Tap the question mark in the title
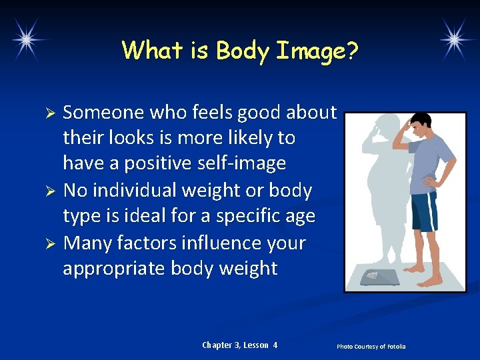pos(351,50)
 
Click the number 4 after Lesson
pos(275,345)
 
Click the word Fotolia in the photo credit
pos(394,347)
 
